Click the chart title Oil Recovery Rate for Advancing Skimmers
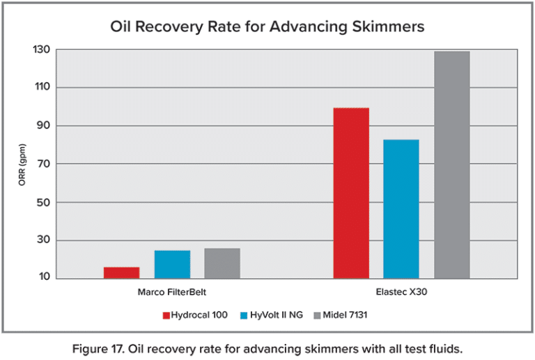[267, 27]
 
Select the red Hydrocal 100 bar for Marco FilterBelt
[121, 273]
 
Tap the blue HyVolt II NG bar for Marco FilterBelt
[172, 265]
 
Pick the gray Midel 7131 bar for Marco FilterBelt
[222, 263]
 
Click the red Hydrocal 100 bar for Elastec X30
[351, 193]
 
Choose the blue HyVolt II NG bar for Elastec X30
[401, 209]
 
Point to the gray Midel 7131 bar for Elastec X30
[452, 164]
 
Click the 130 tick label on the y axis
[42, 50]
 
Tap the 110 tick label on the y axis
[42, 88]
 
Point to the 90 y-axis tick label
[44, 126]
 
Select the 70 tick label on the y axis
[44, 164]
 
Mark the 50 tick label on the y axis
[44, 203]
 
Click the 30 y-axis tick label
[44, 241]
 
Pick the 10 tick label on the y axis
[44, 278]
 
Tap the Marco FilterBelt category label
[172, 292]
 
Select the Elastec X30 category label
[401, 292]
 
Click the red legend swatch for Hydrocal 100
[166, 315]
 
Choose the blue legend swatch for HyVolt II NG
[244, 315]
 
